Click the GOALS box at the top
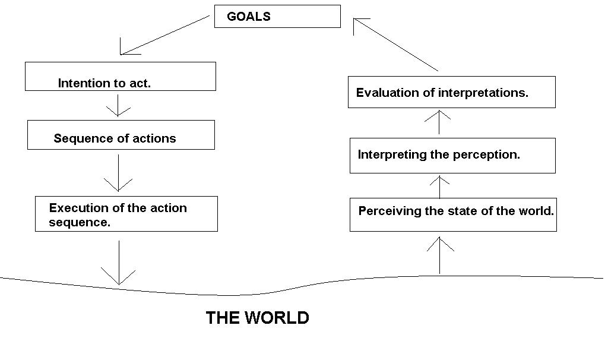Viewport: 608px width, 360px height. click(277, 17)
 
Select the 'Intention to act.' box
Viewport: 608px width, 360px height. click(120, 77)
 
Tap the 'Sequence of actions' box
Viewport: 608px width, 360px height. click(121, 135)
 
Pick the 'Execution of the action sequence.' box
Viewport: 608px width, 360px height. click(126, 214)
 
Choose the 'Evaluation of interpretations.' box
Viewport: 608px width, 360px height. click(451, 92)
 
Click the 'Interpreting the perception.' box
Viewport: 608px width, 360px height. click(452, 156)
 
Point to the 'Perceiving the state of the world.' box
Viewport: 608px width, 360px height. click(453, 214)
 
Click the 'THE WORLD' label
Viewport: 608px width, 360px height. click(257, 318)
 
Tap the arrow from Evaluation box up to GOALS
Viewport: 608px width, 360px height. click(395, 45)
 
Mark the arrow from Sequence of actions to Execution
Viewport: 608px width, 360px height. click(118, 172)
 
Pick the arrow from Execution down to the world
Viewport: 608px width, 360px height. click(119, 262)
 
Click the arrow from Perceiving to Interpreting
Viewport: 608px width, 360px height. click(439, 187)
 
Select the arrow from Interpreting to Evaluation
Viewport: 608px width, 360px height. click(439, 122)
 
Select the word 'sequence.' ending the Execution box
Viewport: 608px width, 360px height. click(80, 223)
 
